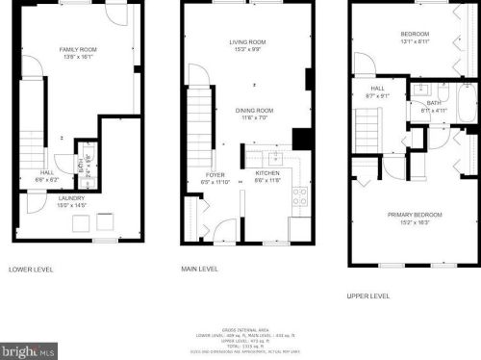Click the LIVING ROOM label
point(247,42)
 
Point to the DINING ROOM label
point(255,111)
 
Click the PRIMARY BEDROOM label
point(415,214)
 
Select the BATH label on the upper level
point(434,102)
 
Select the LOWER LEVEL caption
point(29,269)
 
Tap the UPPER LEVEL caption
point(367,296)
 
